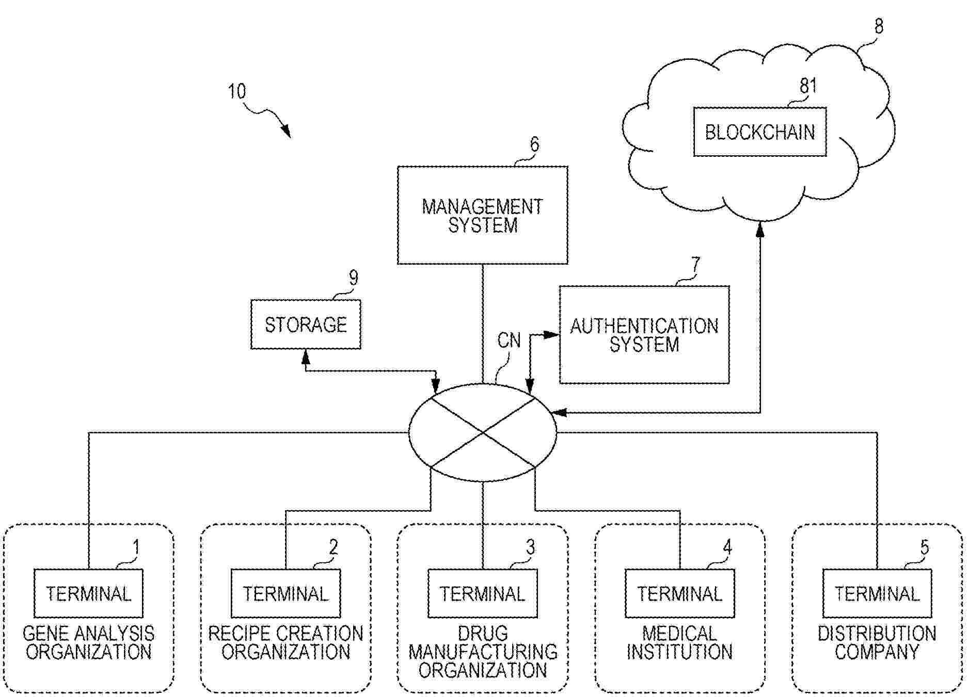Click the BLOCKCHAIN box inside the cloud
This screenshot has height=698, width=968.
759,132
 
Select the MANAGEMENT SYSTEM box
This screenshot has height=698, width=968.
482,215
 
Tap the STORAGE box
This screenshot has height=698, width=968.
306,324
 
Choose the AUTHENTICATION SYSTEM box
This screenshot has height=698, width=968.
644,335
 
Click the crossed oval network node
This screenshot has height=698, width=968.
482,432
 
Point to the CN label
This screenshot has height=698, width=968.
509,340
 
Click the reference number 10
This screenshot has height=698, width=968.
237,92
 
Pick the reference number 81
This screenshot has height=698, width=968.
808,86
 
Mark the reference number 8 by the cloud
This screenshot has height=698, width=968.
879,26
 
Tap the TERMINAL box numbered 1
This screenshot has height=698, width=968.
88,594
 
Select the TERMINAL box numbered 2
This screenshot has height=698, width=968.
285,594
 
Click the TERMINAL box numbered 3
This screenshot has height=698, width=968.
482,594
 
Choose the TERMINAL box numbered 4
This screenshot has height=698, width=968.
679,594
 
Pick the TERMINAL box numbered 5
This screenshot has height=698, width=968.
877,594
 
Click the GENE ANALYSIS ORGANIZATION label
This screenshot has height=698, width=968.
88,643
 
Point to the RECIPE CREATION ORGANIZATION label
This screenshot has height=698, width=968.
285,643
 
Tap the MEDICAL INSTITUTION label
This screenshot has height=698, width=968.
679,643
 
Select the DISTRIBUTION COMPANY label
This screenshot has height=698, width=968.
877,643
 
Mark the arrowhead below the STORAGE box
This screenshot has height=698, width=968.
306,355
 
